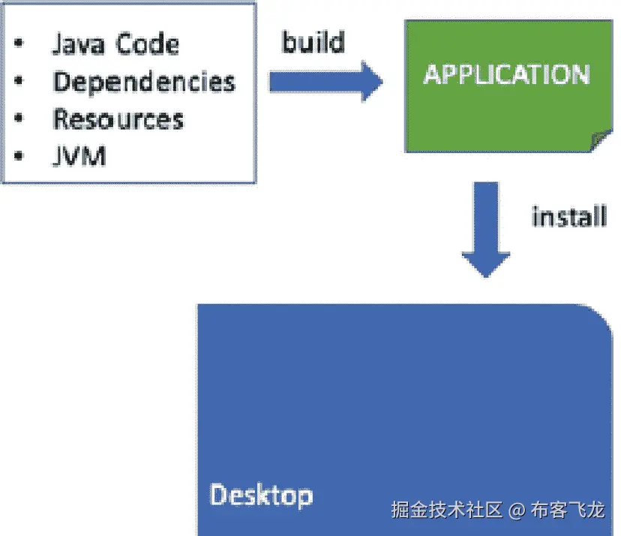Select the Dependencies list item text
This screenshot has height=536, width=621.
[144, 81]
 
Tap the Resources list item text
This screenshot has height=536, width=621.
[118, 119]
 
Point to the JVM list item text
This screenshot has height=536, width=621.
[79, 157]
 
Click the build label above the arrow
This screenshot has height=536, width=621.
[313, 42]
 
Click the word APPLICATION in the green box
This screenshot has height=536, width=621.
[506, 74]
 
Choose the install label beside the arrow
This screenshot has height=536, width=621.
[568, 217]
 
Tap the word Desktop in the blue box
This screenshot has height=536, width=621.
[261, 495]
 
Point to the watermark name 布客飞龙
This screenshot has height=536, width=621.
[567, 511]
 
